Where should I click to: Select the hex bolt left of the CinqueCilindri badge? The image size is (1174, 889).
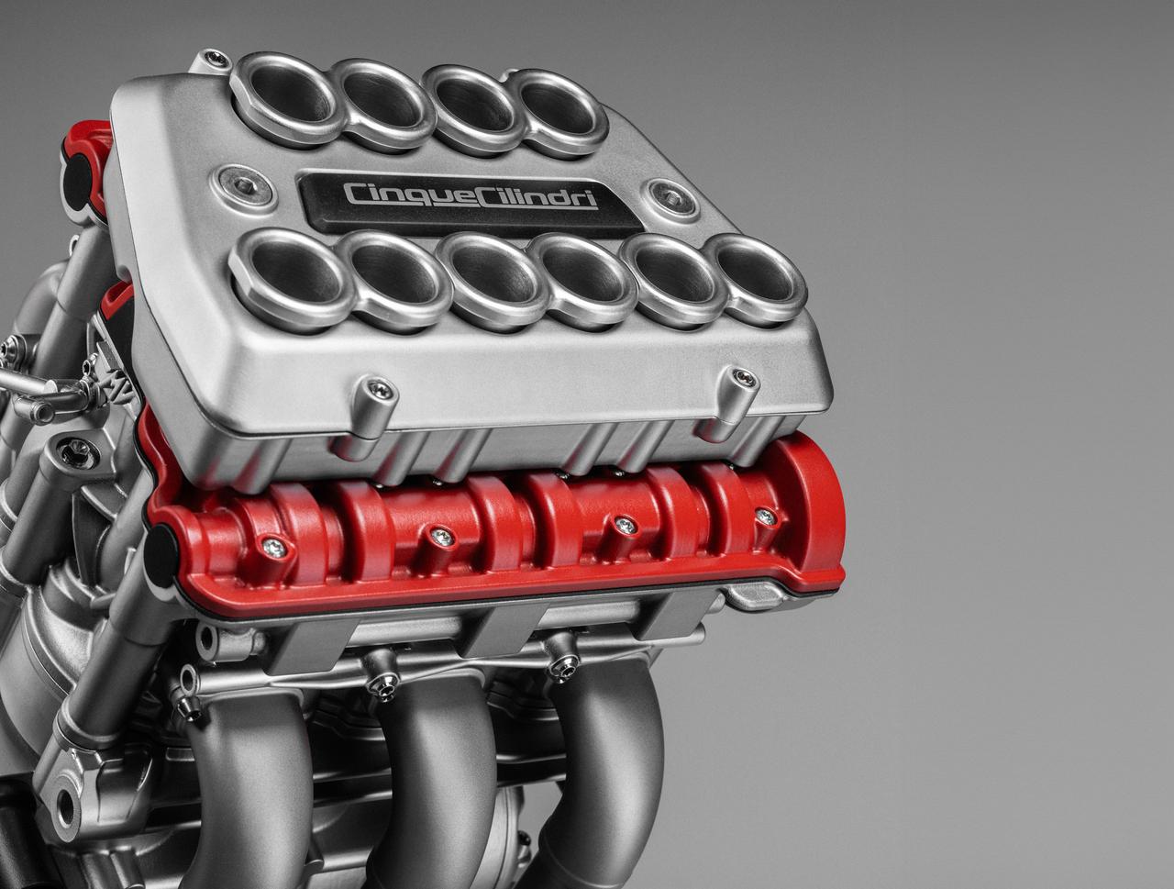(241, 184)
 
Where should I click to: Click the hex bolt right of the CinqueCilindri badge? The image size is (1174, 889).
(665, 194)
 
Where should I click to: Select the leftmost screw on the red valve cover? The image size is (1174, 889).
(272, 547)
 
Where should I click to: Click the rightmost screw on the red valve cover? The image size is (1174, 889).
(765, 517)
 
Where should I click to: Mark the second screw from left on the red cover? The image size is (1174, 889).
(442, 537)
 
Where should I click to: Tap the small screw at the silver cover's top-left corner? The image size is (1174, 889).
(216, 60)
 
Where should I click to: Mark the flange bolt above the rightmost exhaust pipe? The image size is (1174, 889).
(559, 665)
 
